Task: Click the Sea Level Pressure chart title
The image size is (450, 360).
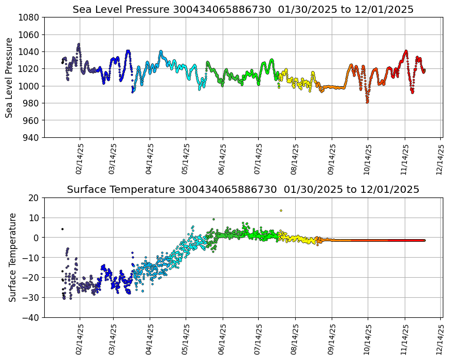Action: point(243,10)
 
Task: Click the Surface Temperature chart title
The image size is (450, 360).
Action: point(243,190)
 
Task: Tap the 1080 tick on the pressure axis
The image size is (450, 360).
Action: point(30,17)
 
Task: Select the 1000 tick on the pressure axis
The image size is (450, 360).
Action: point(30,86)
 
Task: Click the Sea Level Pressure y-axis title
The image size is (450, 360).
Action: point(10,77)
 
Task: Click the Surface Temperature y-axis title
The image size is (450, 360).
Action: point(12,257)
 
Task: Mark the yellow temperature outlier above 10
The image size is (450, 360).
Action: point(281,210)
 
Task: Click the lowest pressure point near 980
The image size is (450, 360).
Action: point(367,102)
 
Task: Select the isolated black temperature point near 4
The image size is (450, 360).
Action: point(62,229)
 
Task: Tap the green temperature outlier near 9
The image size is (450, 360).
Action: point(213,219)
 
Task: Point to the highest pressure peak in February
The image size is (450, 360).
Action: point(79,44)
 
